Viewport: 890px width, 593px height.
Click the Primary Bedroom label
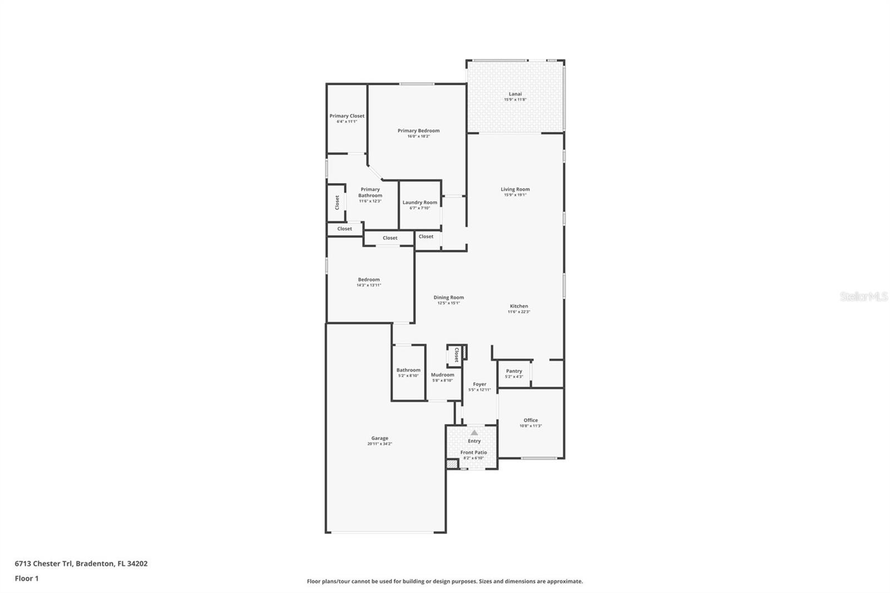pos(418,131)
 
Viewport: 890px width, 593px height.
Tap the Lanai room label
pos(515,94)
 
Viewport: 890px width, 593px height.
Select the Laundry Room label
pos(420,202)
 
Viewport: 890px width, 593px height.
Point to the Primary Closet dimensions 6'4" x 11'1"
pos(347,121)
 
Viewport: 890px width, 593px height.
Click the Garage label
pos(380,438)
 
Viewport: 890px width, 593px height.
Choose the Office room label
pos(531,421)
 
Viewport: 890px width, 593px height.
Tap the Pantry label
pos(514,371)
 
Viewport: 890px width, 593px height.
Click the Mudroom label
pos(443,375)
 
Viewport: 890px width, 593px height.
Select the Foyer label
pos(479,384)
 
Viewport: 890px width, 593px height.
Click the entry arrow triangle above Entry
pos(474,432)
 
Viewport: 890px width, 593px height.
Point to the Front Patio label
pos(473,453)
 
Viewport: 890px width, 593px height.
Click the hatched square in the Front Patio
pos(452,463)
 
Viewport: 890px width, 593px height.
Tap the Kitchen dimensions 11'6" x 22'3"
pos(518,312)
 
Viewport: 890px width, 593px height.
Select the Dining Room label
pos(448,298)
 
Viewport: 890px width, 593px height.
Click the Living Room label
pos(515,189)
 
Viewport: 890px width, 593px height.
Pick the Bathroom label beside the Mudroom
pos(408,370)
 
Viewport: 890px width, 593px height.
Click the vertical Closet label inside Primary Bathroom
pos(337,202)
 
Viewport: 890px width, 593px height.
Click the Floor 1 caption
pos(27,579)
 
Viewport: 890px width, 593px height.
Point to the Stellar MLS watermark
pos(863,297)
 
